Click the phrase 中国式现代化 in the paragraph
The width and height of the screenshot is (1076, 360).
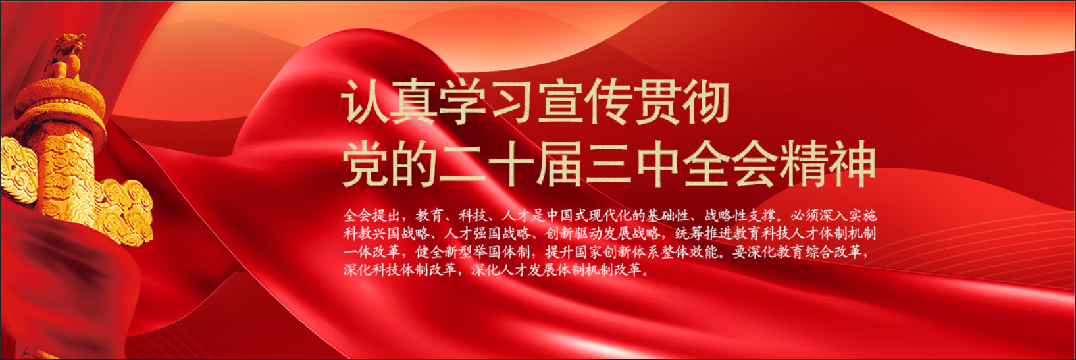pyautogui.click(x=590, y=215)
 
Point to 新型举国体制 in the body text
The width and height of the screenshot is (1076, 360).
pyautogui.click(x=486, y=252)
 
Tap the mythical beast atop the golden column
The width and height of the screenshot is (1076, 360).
pyautogui.click(x=66, y=55)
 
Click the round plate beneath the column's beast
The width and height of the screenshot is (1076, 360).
pyautogui.click(x=60, y=103)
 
